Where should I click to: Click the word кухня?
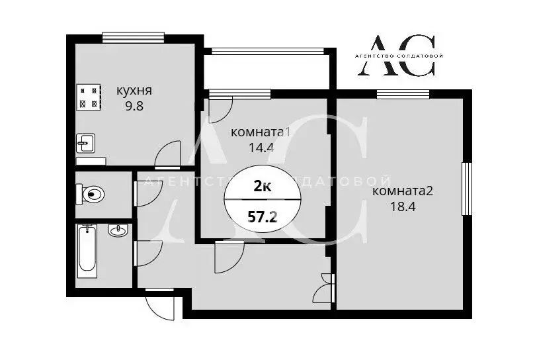click(x=134, y=91)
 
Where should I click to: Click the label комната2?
click(x=403, y=192)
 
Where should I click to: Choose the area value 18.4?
click(x=403, y=206)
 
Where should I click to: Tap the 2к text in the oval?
click(x=263, y=187)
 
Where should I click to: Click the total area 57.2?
click(x=263, y=216)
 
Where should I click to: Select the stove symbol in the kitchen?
click(x=89, y=97)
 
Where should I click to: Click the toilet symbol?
click(x=92, y=194)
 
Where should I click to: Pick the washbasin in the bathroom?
click(x=118, y=231)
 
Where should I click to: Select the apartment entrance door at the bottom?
click(x=160, y=305)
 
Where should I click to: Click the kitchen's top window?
click(x=133, y=38)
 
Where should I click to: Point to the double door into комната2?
click(x=325, y=287)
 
